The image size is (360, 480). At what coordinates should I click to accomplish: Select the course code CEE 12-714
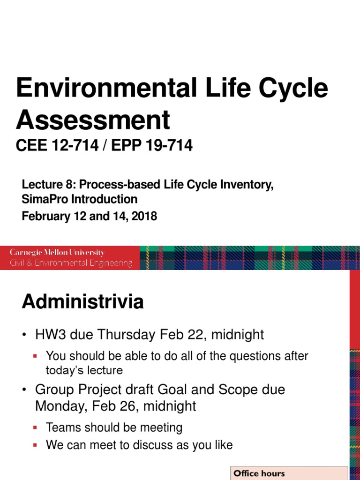point(57,146)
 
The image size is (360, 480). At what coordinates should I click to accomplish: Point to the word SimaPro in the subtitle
point(45,199)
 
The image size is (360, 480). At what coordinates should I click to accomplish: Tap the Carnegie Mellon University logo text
point(57,253)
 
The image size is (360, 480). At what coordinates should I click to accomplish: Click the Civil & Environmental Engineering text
point(71,263)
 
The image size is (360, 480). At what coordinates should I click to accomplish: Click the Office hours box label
point(259,473)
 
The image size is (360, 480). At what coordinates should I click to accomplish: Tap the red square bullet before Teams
point(36,427)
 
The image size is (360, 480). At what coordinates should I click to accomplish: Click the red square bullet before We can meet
point(36,445)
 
